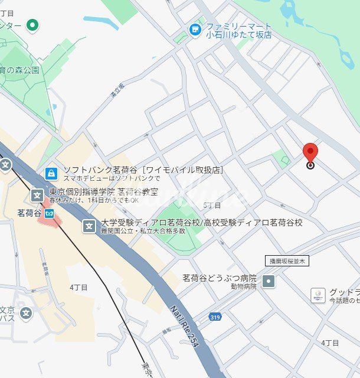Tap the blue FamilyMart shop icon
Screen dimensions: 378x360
(195, 29)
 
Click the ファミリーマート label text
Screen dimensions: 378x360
(238, 27)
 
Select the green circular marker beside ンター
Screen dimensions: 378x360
(33, 25)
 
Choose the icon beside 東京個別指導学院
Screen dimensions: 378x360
(37, 194)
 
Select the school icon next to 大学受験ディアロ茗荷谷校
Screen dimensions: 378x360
(89, 226)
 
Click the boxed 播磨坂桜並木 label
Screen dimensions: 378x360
(287, 260)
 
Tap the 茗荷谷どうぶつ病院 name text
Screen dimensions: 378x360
(219, 278)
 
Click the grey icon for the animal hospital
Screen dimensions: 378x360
(269, 281)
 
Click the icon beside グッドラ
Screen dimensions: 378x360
(318, 295)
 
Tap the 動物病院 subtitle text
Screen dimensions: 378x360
(244, 286)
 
